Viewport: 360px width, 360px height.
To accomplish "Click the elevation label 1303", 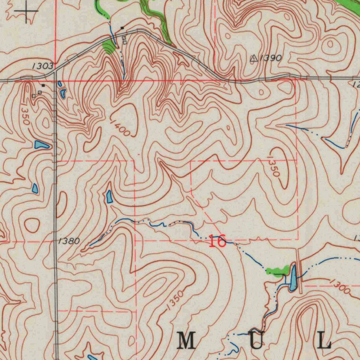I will click(43, 66).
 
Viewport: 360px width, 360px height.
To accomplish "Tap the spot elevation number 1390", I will click(271, 58).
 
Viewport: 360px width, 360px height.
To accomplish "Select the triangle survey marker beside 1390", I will click(253, 59).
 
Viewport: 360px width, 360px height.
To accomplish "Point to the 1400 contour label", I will click(120, 128).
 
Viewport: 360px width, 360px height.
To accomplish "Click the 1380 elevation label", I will click(69, 241).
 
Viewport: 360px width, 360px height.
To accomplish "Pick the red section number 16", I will click(217, 242).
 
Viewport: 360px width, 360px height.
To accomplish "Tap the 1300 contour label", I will click(340, 286).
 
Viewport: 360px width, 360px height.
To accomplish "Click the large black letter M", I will click(186, 341).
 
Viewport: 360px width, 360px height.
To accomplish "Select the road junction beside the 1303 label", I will click(55, 72).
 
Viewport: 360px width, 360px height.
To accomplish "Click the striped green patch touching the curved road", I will click(109, 47).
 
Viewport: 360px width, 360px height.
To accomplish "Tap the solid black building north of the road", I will click(122, 27).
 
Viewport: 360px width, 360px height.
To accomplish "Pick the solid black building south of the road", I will click(43, 85).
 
